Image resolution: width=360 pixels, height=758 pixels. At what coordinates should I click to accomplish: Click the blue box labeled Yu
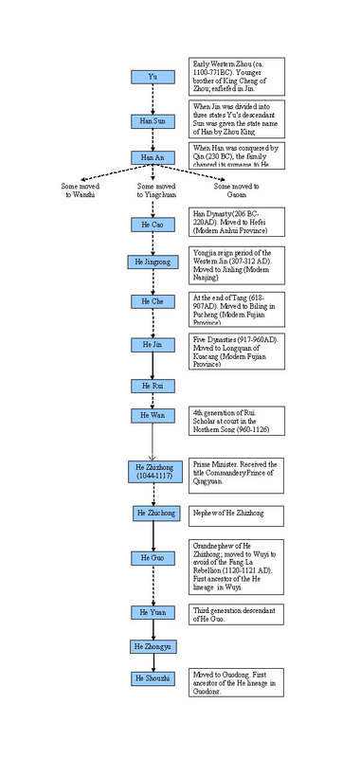[153, 77]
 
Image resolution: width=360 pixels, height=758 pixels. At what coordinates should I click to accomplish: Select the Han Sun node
[153, 122]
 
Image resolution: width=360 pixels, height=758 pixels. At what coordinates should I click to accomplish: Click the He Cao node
[153, 225]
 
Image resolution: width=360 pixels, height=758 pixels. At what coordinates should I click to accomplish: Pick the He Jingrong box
[153, 262]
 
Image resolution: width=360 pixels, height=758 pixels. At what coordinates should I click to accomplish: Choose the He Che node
[153, 300]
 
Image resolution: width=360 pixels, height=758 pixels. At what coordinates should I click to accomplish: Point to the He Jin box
[153, 345]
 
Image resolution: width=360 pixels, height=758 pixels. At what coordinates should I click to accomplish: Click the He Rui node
[153, 386]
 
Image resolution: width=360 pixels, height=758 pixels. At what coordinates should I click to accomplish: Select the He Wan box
[153, 416]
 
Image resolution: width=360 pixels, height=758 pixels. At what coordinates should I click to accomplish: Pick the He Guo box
[153, 559]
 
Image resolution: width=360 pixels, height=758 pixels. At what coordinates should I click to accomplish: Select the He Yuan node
[153, 612]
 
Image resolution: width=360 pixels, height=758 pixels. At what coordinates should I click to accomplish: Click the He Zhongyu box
[153, 646]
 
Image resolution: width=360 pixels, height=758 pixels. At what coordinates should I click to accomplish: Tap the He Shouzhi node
[153, 678]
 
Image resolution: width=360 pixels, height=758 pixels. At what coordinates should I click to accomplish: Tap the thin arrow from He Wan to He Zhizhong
[153, 442]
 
